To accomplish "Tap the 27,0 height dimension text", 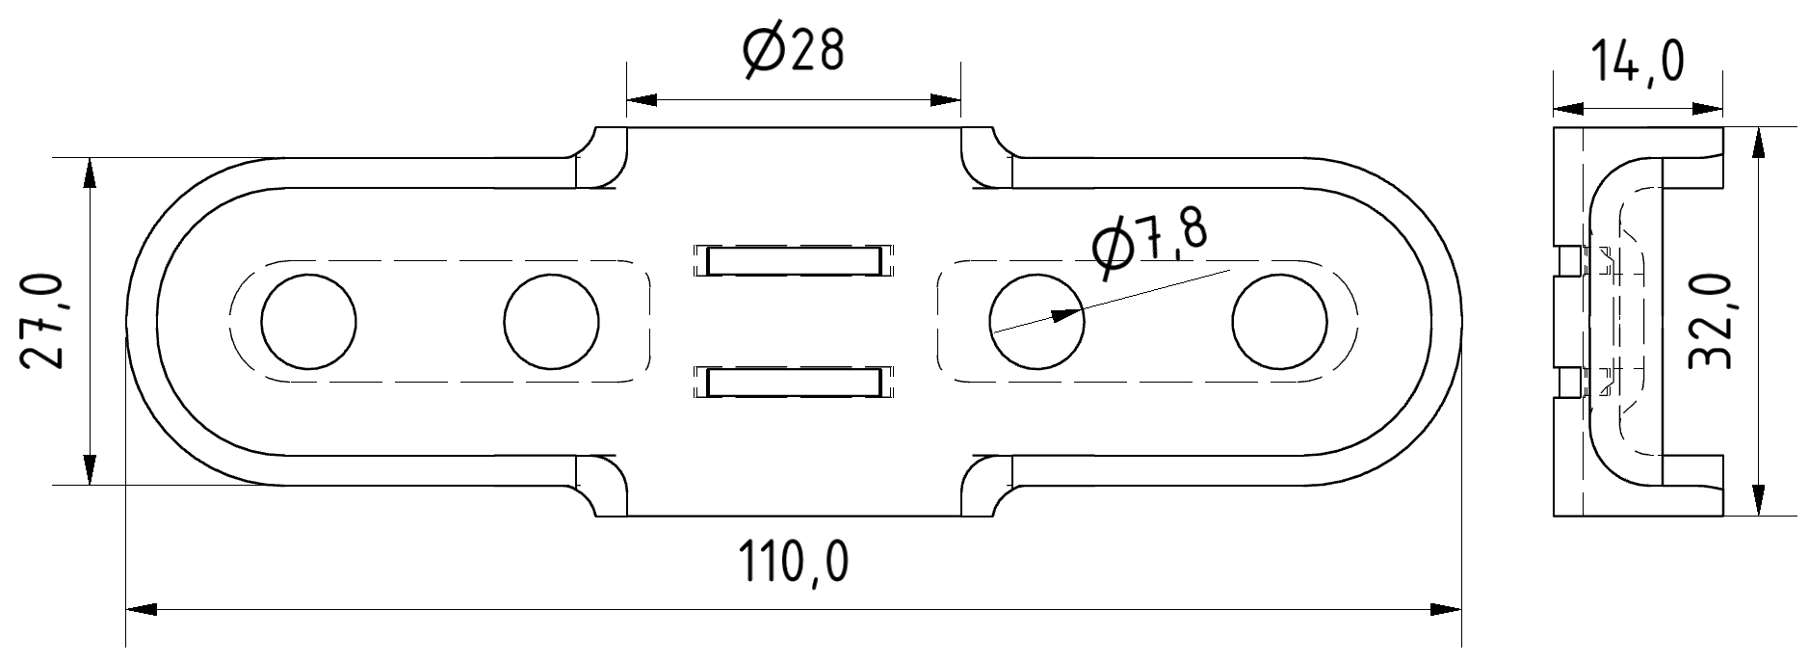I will [x=42, y=321].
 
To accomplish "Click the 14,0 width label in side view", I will [x=1637, y=63].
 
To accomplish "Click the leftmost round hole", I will [x=307, y=321].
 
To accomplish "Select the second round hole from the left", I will [x=551, y=321].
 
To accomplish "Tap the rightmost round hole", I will [x=1278, y=321].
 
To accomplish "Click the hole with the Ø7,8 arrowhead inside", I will [x=1036, y=321].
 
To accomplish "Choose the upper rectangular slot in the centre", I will [x=794, y=260].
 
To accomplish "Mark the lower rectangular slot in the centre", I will [x=794, y=382].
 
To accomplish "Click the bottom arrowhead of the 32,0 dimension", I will [x=1759, y=501].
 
